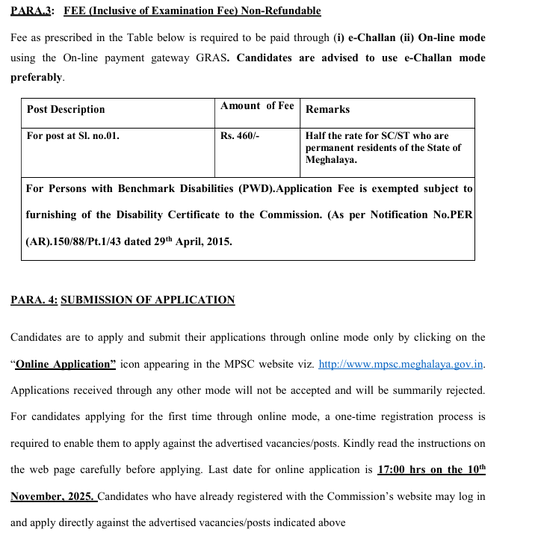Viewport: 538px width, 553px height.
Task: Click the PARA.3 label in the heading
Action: click(29, 11)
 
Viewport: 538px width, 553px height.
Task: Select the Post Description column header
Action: click(66, 109)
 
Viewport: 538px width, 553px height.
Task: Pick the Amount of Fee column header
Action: click(257, 106)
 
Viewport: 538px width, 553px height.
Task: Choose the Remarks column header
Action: click(327, 109)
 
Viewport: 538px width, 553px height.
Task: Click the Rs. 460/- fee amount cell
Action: click(240, 136)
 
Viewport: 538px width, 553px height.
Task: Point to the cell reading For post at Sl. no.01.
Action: click(73, 136)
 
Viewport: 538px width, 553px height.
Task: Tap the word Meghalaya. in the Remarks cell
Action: click(331, 159)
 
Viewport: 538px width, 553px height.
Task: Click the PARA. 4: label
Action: click(33, 300)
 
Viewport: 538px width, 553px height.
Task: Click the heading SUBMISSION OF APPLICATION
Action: click(147, 300)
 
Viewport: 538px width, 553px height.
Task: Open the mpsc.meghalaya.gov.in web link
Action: click(401, 365)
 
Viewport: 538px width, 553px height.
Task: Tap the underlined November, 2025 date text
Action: click(52, 497)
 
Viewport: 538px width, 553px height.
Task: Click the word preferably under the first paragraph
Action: click(37, 77)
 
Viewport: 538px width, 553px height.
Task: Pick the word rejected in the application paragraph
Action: click(464, 391)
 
